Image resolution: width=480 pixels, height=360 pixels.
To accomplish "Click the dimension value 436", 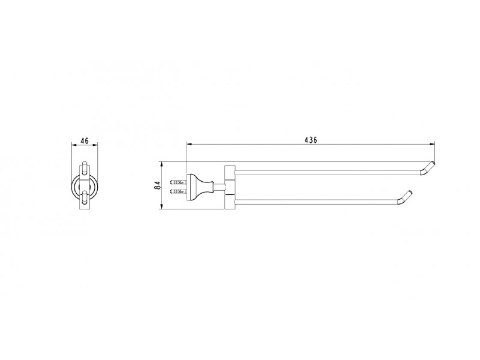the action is click(x=311, y=140).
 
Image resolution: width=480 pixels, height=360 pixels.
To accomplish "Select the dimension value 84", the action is click(x=158, y=185).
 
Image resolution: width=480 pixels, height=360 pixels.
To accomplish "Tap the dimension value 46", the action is click(x=84, y=140).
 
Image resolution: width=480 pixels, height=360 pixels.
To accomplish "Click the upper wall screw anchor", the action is click(x=178, y=182).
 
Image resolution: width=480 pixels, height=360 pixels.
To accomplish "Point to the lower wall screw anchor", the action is click(x=178, y=191).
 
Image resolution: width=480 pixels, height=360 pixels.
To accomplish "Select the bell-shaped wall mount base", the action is click(x=200, y=187).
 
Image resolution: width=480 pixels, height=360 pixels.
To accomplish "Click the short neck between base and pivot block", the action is click(x=219, y=187).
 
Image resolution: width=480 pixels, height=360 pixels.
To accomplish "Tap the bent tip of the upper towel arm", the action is click(x=428, y=168).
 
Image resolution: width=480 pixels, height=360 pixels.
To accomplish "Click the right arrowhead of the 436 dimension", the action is click(x=432, y=143).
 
